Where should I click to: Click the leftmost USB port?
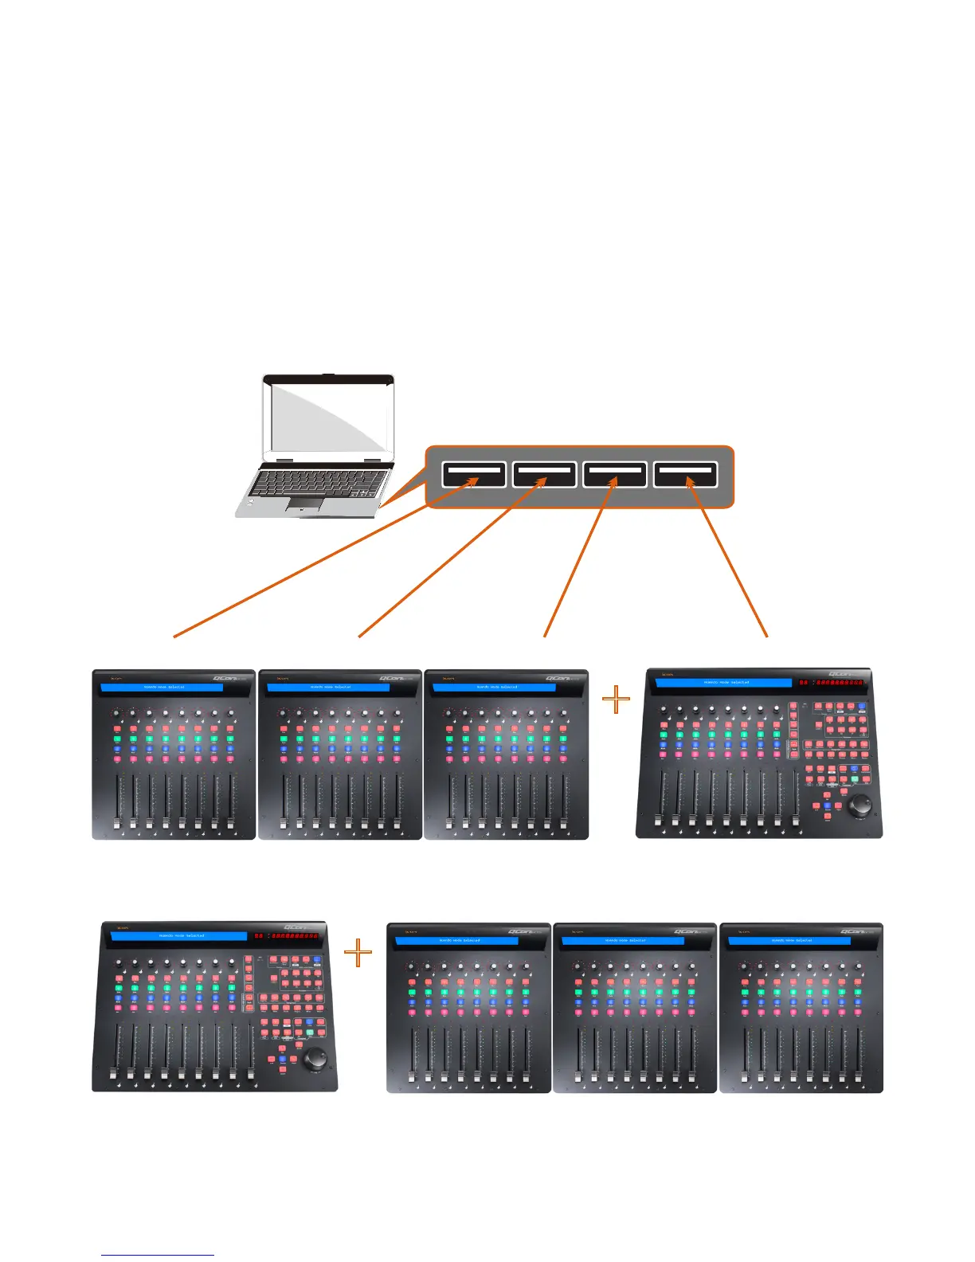(x=474, y=475)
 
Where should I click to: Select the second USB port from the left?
(x=544, y=475)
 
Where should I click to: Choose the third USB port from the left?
(x=614, y=475)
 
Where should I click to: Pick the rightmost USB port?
(x=685, y=475)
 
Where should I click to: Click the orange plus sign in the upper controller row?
(x=616, y=701)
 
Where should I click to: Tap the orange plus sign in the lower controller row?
(x=358, y=952)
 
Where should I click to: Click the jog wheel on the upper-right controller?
(x=859, y=806)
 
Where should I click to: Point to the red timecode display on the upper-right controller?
(x=832, y=683)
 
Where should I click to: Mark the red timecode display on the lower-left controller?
(x=287, y=936)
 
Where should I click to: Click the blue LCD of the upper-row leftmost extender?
(x=162, y=687)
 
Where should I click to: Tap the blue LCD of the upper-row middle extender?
(x=328, y=687)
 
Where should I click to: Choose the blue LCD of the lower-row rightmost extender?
(x=789, y=941)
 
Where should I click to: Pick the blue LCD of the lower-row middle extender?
(x=623, y=941)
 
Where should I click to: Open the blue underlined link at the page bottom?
(x=158, y=1256)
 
